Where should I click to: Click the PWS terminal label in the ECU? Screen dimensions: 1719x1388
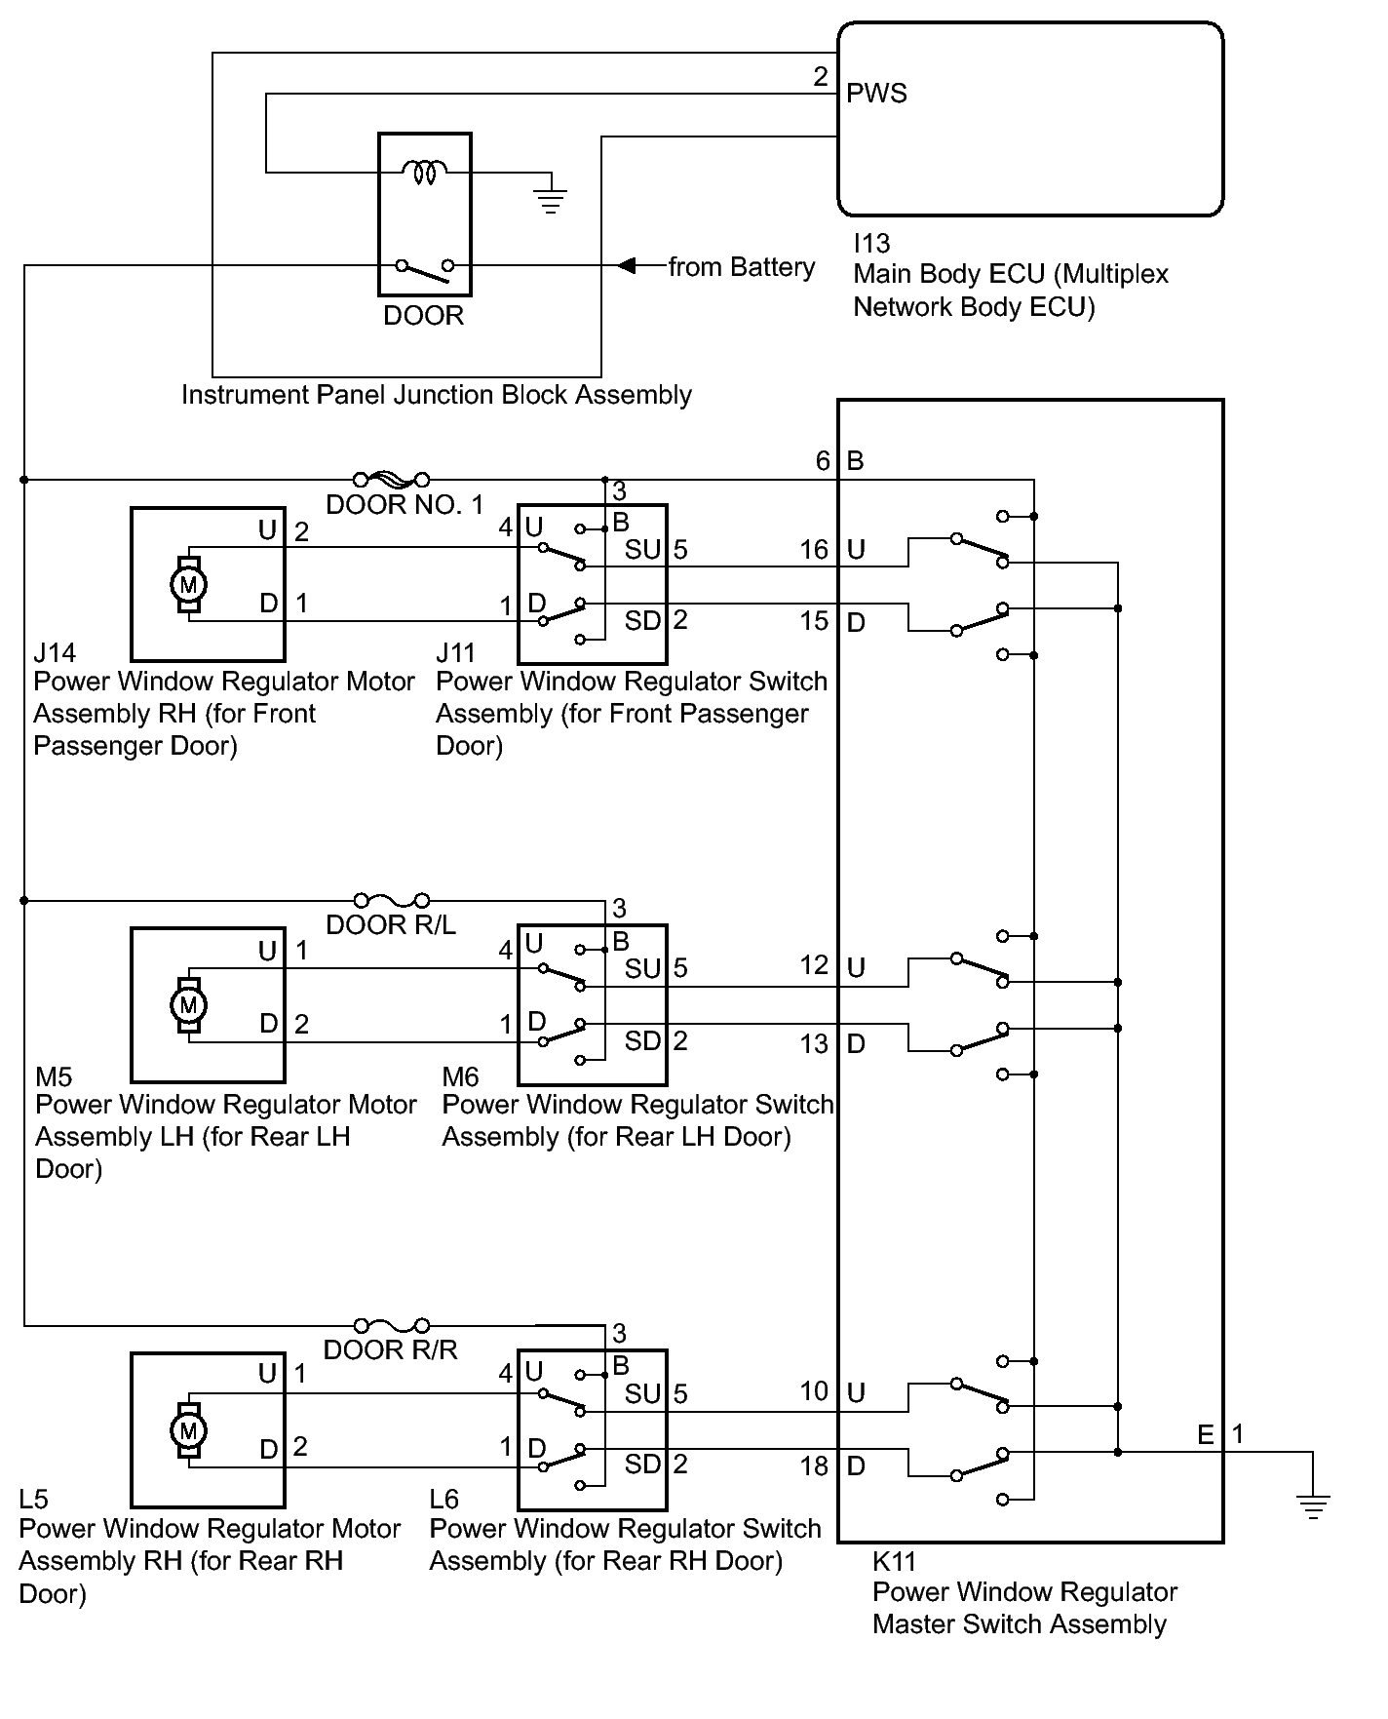[x=876, y=94]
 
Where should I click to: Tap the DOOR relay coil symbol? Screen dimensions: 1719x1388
[x=424, y=173]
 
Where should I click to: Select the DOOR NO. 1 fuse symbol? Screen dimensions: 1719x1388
[x=391, y=479]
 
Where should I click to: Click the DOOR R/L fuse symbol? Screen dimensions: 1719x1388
[x=391, y=900]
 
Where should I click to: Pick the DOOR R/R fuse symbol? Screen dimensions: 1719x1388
[x=391, y=1325]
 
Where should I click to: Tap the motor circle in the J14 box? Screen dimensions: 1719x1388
[x=189, y=585]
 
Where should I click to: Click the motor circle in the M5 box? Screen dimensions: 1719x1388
[x=189, y=1004]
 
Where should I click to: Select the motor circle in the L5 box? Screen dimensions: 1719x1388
[x=189, y=1430]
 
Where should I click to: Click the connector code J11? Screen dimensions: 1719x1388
[x=455, y=651]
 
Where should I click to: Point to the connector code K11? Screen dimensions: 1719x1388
[x=894, y=1561]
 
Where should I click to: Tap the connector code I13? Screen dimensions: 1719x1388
[x=871, y=243]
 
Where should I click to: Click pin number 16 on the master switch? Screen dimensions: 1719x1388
[x=814, y=550]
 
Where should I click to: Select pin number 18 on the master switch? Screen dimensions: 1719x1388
[x=814, y=1465]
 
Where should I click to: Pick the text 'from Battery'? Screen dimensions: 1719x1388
[x=742, y=267]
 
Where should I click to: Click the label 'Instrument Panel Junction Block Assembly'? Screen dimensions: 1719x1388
[x=437, y=395]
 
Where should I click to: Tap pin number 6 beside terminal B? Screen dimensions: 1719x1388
[x=823, y=460]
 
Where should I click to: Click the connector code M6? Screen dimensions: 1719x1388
[x=460, y=1076]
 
